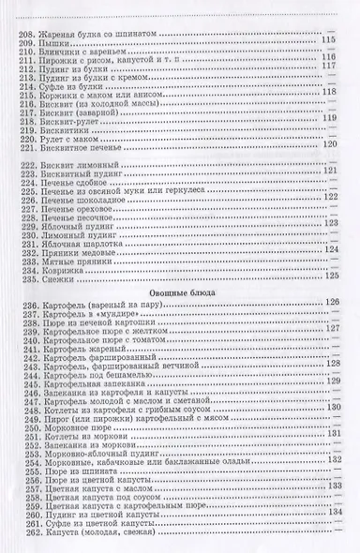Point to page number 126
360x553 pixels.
pyautogui.click(x=330, y=302)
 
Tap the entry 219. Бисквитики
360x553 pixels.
pyautogui.click(x=54, y=125)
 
